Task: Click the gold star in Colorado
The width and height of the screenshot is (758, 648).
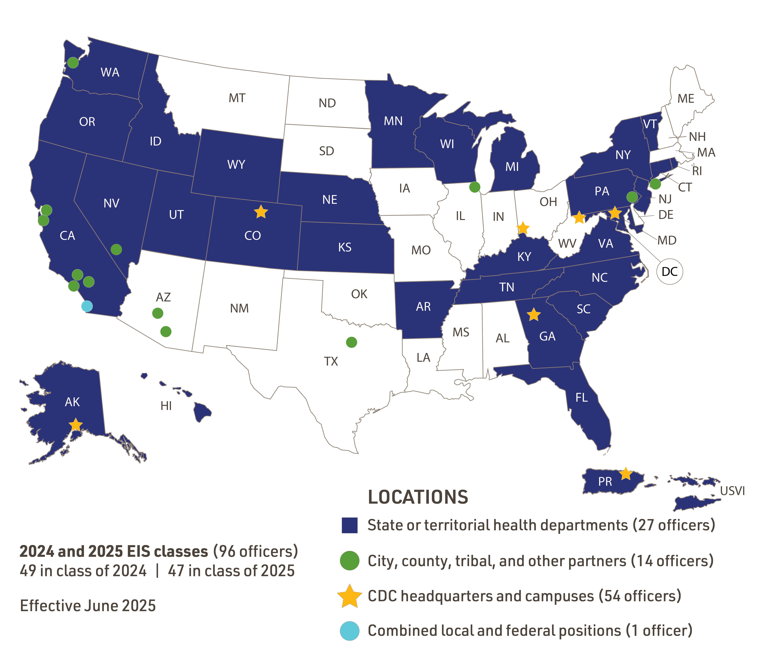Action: [x=261, y=212]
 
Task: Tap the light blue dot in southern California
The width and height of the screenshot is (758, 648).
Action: [x=87, y=306]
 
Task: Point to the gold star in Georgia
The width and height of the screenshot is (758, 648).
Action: [x=534, y=315]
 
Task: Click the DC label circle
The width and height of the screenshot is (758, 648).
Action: [x=670, y=271]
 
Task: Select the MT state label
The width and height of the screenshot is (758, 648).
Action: [x=237, y=98]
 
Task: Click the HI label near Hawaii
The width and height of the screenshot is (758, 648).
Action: [x=166, y=406]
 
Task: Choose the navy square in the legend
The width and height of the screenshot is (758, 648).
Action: [x=349, y=525]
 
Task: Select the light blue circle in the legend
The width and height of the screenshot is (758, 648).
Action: [x=349, y=631]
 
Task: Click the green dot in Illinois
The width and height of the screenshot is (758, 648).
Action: [x=474, y=187]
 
